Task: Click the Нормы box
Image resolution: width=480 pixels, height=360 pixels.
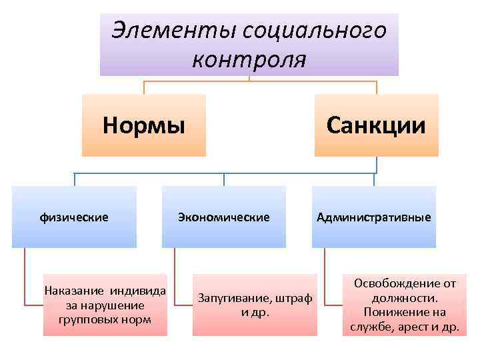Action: click(143, 125)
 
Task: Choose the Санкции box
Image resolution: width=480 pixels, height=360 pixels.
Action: click(376, 125)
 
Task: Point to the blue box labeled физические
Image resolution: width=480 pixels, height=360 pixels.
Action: click(74, 217)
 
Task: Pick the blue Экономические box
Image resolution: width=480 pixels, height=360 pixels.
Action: click(223, 217)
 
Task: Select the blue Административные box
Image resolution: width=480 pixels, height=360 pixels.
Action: click(373, 217)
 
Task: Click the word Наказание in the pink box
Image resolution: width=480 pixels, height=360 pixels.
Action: click(71, 291)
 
